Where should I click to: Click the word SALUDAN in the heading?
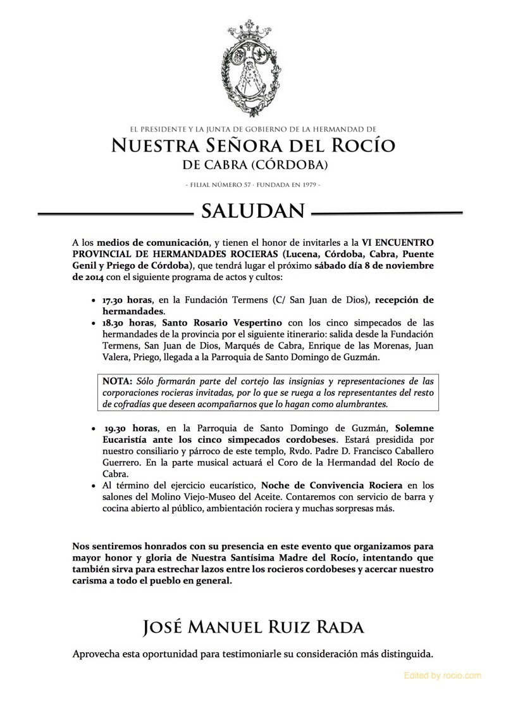pyautogui.click(x=253, y=210)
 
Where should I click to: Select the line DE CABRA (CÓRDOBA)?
pyautogui.click(x=253, y=165)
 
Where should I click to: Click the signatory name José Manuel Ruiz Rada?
pyautogui.click(x=253, y=628)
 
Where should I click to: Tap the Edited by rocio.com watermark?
pyautogui.click(x=442, y=676)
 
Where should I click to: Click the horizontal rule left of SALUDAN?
pyautogui.click(x=114, y=212)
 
